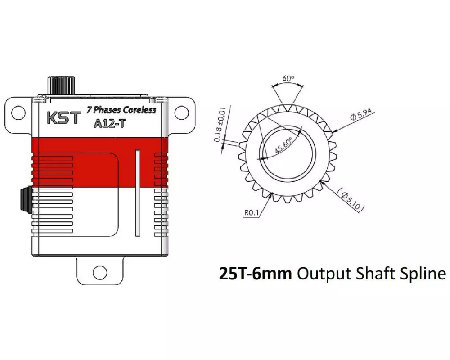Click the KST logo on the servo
click(63, 118)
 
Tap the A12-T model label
click(110, 123)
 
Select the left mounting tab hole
click(18, 113)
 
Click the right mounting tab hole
click(182, 113)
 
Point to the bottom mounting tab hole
click(100, 272)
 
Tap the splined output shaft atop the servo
click(61, 85)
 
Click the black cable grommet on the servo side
click(26, 200)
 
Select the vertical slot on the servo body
click(138, 193)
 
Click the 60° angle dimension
click(288, 78)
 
